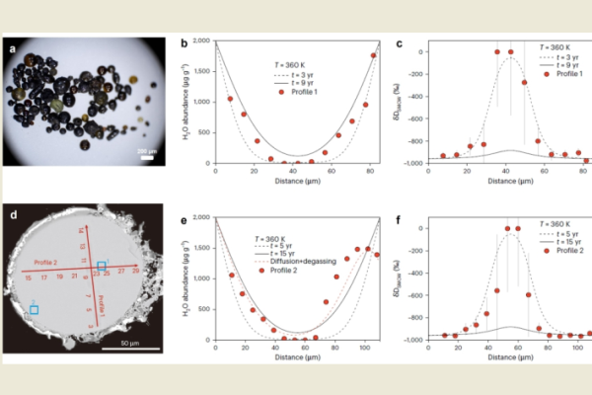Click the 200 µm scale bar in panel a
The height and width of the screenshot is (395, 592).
tap(148, 155)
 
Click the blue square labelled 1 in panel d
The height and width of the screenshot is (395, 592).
tap(102, 267)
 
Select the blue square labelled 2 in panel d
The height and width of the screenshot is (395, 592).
tap(35, 309)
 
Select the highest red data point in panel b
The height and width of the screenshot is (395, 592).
tap(373, 55)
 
